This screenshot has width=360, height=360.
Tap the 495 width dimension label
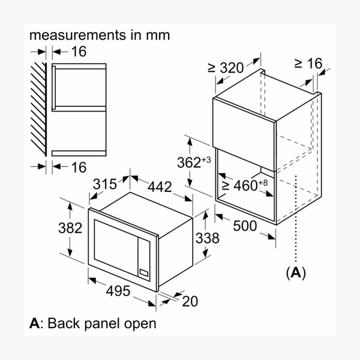(x=118, y=290)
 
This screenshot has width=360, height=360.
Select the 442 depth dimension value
(x=159, y=187)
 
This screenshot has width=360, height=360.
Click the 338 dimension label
(x=207, y=238)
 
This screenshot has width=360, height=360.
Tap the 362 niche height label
(x=191, y=163)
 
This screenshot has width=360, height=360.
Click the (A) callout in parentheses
(x=295, y=273)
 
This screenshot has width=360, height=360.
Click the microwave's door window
(x=115, y=244)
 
